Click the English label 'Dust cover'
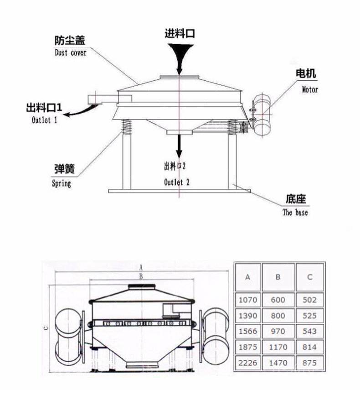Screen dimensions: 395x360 pyautogui.click(x=70, y=52)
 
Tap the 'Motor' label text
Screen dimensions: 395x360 pyautogui.click(x=310, y=89)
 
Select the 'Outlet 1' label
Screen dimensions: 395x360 pyautogui.click(x=44, y=120)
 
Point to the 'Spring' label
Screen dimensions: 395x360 pyautogui.click(x=62, y=184)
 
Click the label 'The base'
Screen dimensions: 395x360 pyautogui.click(x=295, y=212)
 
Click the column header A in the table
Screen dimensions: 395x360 pyautogui.click(x=247, y=277)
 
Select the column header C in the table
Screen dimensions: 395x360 pyautogui.click(x=310, y=277)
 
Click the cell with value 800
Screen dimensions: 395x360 pyautogui.click(x=278, y=316)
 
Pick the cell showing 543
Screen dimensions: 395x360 pyautogui.click(x=310, y=331)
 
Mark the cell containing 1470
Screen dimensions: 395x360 pyautogui.click(x=278, y=363)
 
